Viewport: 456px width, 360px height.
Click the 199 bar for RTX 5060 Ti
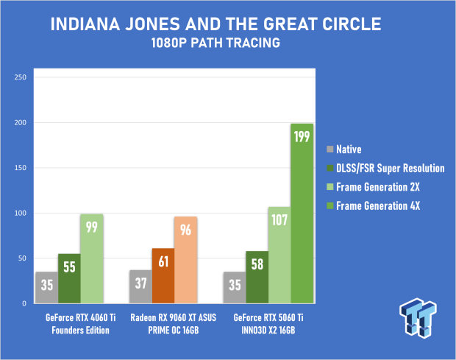302,213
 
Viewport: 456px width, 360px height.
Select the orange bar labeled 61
163,276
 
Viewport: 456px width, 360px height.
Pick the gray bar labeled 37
140,286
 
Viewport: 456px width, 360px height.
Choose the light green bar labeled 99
91,258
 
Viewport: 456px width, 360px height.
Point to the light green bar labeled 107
279,255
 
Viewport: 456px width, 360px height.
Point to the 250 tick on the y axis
20,77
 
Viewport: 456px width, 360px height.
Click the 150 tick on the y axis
20,168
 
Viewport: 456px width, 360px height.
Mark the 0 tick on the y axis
24,303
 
